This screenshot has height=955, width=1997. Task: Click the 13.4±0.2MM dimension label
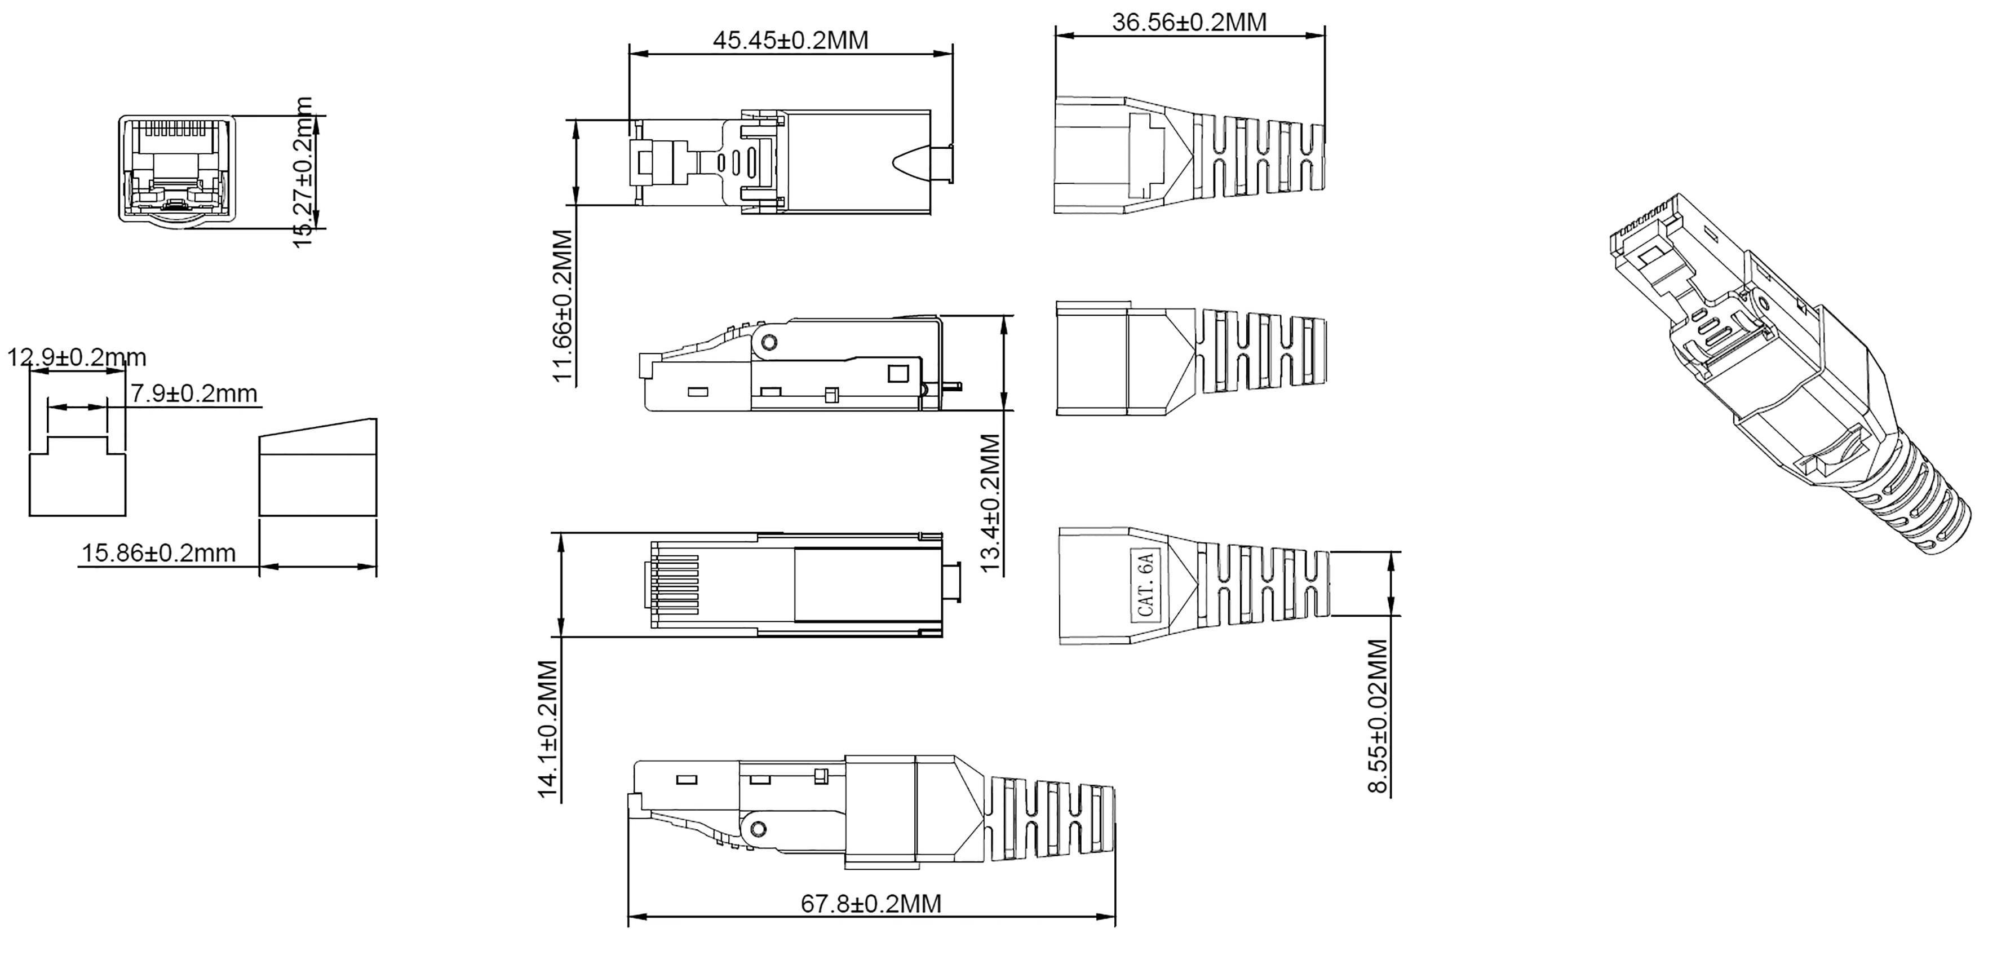(991, 502)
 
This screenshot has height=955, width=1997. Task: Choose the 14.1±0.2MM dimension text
(548, 728)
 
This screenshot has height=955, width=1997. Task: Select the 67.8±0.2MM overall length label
(871, 903)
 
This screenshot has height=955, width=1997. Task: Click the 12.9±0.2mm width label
(76, 357)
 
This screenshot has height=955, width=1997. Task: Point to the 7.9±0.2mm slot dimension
(193, 393)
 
